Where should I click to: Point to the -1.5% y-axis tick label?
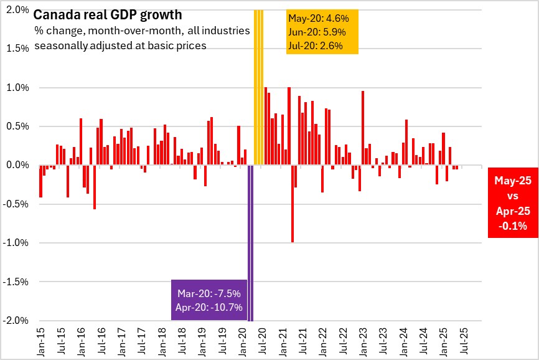point(17,282)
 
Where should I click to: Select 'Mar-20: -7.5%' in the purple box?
point(209,293)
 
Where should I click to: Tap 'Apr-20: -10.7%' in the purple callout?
point(209,306)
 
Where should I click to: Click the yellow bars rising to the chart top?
point(258,87)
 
